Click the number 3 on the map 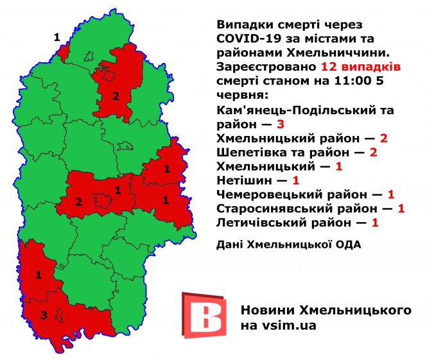(x=44, y=315)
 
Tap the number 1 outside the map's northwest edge (x=57, y=37)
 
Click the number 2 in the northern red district (x=116, y=97)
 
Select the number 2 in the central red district (x=78, y=202)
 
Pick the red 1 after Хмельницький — (x=338, y=166)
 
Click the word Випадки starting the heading (x=242, y=24)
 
